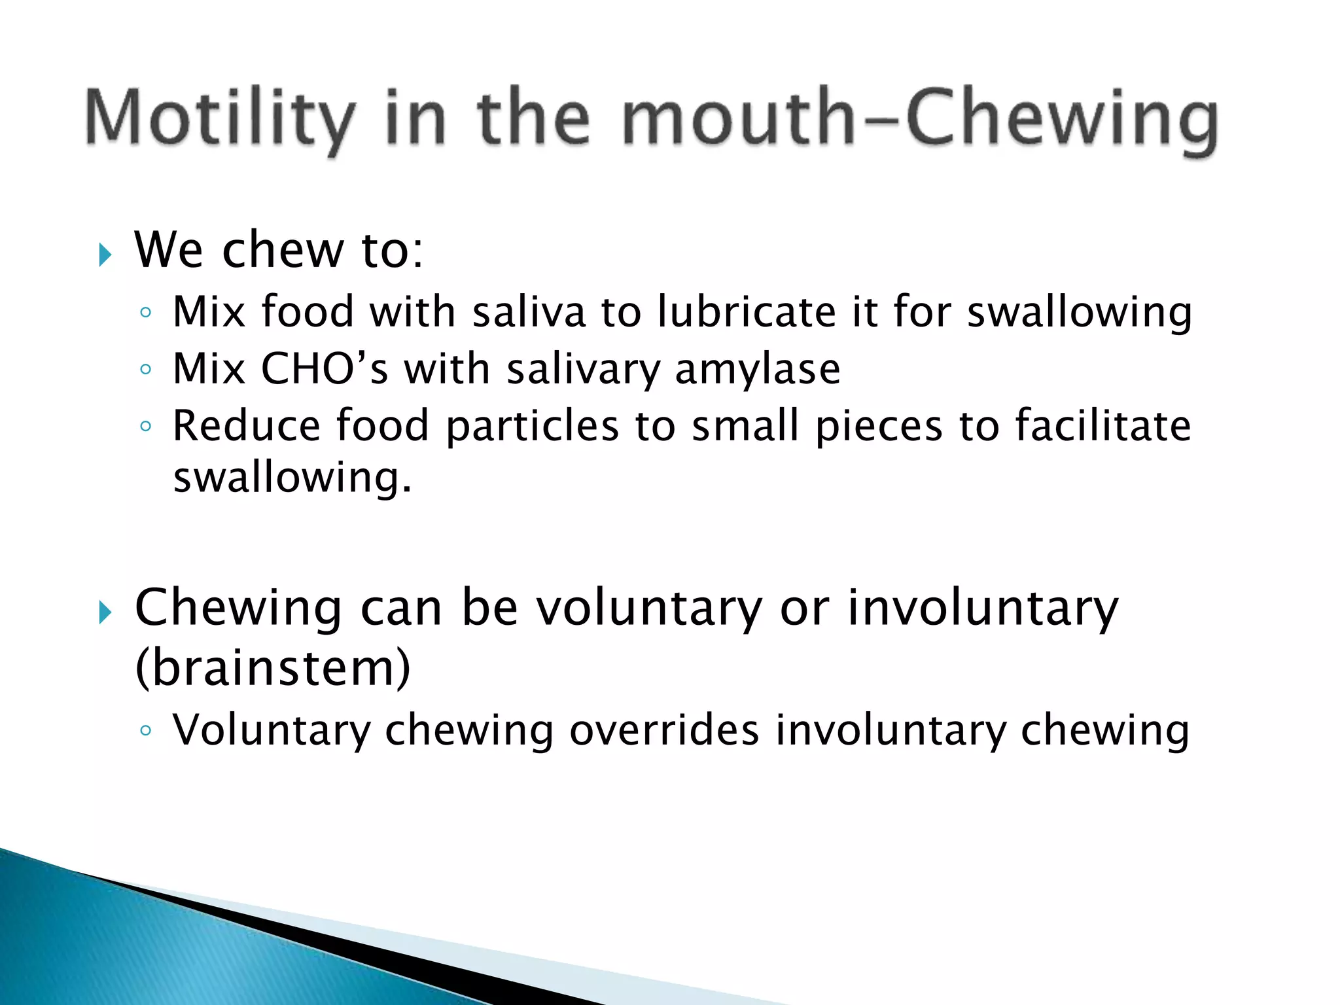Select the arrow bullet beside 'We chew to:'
105,255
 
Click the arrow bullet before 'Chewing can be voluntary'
105,612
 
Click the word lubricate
747,311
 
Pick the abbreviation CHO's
325,368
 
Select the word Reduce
246,426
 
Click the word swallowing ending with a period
292,478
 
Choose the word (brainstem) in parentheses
273,668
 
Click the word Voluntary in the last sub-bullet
271,731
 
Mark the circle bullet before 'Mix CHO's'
146,370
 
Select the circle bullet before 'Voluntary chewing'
146,730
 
